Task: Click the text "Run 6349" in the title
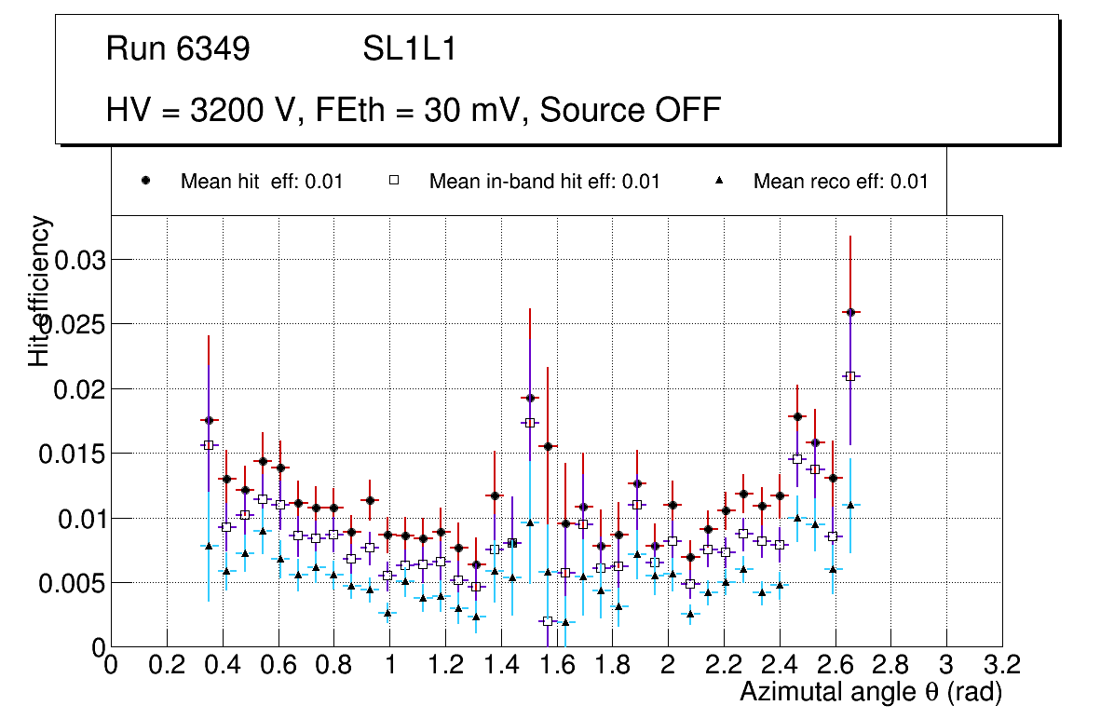pos(178,49)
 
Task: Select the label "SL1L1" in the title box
pos(410,49)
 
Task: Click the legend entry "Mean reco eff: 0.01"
pos(840,182)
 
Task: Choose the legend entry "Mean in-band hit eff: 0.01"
pos(544,182)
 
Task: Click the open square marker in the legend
pos(393,182)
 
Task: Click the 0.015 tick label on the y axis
pos(74,454)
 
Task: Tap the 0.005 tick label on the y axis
pos(74,583)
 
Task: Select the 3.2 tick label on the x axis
pos(1001,665)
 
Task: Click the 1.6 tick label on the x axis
pos(556,665)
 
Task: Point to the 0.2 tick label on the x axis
pos(167,665)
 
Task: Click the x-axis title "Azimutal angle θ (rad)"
pos(871,692)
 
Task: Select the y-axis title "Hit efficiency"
pos(40,291)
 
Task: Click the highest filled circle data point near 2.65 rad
pos(849,312)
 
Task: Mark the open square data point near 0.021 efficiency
pos(849,376)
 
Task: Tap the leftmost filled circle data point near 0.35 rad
pos(209,420)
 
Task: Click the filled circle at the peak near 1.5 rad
pos(530,398)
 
